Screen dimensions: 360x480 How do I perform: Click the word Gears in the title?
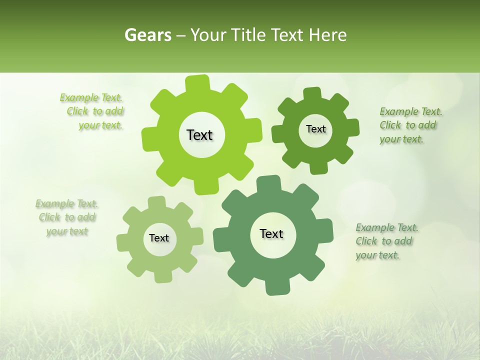(147, 35)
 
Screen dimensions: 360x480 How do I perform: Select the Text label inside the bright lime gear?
(199, 135)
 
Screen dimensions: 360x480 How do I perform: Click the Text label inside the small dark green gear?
(315, 129)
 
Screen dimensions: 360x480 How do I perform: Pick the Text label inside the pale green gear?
(159, 238)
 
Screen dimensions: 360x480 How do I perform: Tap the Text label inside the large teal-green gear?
(271, 234)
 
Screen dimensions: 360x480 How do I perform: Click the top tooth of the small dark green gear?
(312, 94)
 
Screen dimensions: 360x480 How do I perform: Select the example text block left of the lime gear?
(93, 111)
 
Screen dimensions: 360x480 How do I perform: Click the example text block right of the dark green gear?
(410, 125)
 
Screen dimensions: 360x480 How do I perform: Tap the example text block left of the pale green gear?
(67, 217)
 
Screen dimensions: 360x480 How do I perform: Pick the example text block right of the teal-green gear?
(386, 241)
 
